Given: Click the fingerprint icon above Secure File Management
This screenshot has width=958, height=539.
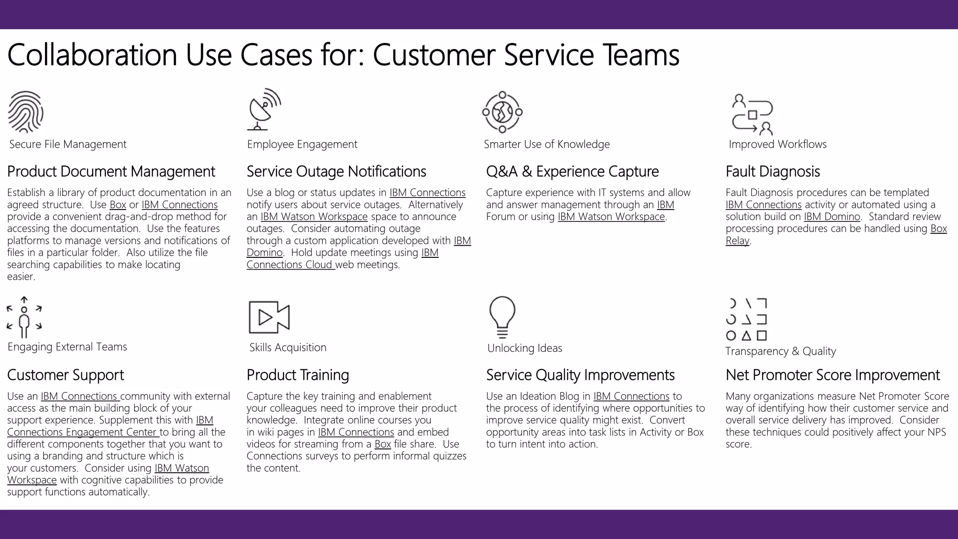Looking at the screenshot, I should coord(26,112).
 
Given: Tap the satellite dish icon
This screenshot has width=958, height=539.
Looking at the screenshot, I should coord(264,109).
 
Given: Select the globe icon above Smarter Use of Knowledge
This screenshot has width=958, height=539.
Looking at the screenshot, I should coord(502,112).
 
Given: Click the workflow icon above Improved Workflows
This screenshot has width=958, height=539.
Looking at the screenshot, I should coord(752,115).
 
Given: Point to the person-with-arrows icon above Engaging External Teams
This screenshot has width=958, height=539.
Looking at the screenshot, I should coord(24,317).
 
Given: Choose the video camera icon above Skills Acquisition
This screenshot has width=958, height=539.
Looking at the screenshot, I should coord(269,317).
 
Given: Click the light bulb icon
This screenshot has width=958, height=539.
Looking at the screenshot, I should coord(502,317).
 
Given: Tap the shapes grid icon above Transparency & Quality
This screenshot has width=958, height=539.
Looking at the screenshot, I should coord(747,319).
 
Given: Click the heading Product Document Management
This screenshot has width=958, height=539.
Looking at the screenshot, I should coord(111,172).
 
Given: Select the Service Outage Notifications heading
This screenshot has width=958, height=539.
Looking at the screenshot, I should coord(336,172).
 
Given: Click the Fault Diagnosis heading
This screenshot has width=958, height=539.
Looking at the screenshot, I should coord(772,172).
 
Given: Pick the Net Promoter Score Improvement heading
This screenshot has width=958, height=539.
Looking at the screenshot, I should coord(832,375).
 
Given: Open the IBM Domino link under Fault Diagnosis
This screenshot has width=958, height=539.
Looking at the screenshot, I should coord(832,217).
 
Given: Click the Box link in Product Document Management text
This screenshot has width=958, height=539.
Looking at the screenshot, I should coord(118,205).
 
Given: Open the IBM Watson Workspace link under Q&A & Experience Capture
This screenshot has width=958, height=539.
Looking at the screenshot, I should coord(611,217).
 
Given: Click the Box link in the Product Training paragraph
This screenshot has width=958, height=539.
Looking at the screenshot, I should coord(383,444).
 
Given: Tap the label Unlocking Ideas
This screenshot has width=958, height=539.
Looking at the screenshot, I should coord(524,348).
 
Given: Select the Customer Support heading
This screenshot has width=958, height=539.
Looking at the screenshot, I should coord(65,375).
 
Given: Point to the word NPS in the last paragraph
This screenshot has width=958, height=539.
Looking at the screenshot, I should coord(936,432).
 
